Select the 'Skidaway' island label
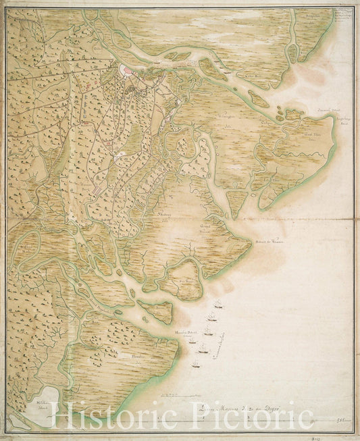point(163,215)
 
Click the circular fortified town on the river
point(128,72)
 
